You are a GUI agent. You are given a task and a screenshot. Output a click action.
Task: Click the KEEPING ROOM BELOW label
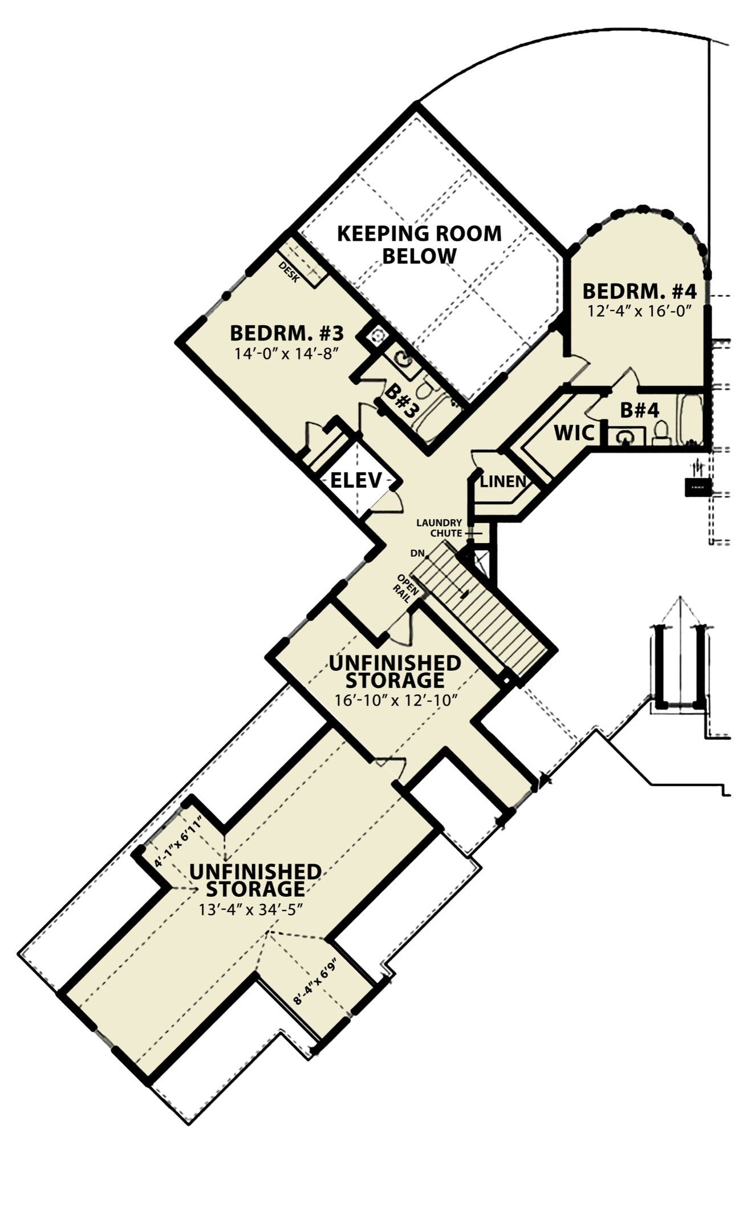coord(419,244)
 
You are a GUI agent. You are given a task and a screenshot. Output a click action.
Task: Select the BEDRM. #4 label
coord(639,292)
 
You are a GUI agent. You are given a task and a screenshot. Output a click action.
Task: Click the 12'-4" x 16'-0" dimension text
coord(639,311)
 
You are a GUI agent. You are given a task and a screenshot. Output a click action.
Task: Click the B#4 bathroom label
coord(639,410)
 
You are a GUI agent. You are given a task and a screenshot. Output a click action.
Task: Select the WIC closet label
coord(574,433)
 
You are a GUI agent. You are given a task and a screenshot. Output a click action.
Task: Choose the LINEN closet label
coord(503,481)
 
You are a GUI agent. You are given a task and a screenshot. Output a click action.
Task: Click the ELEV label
coord(356,480)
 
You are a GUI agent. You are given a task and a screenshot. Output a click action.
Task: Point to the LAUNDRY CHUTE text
coord(439,528)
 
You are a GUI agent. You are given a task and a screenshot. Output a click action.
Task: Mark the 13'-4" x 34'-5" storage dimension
coord(249,909)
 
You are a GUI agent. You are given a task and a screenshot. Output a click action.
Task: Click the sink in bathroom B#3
coord(403,359)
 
